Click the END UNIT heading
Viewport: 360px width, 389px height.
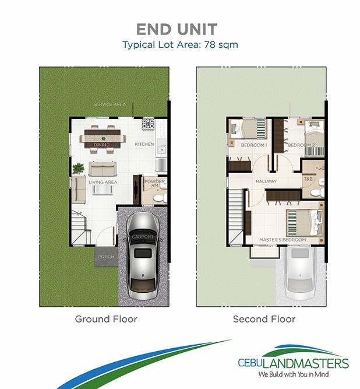point(177,29)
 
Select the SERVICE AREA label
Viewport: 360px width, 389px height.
point(110,104)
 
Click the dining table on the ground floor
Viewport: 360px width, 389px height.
point(103,139)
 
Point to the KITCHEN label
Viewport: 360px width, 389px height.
point(144,144)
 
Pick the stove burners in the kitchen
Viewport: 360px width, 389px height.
point(148,124)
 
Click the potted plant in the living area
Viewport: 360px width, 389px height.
point(78,169)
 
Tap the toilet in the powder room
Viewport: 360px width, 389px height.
point(158,198)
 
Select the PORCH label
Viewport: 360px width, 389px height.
point(106,257)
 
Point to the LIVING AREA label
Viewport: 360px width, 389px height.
point(103,182)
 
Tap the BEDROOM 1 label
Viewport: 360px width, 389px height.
point(254,145)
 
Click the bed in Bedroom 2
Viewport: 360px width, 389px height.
point(314,138)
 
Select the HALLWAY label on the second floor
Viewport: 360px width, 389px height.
point(266,181)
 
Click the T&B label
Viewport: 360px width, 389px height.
point(308,178)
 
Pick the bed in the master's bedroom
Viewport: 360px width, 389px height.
point(305,223)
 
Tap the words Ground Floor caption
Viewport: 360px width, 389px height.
point(106,319)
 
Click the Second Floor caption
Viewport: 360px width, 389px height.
point(264,319)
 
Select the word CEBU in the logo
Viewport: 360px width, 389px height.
point(250,363)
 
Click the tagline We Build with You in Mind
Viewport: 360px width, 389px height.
point(294,374)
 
